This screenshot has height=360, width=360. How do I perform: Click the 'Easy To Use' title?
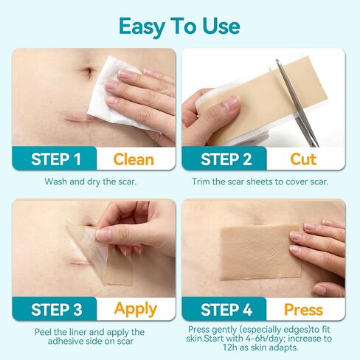point(179,25)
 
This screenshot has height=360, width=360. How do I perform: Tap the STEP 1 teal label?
point(56,159)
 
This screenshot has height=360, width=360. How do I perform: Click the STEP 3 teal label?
point(56,308)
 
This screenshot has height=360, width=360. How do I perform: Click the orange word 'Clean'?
point(134,159)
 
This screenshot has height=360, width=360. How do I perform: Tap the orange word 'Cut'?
point(303,159)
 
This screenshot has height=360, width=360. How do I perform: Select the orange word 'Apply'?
point(136,308)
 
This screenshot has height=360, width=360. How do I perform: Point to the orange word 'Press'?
point(305,308)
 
